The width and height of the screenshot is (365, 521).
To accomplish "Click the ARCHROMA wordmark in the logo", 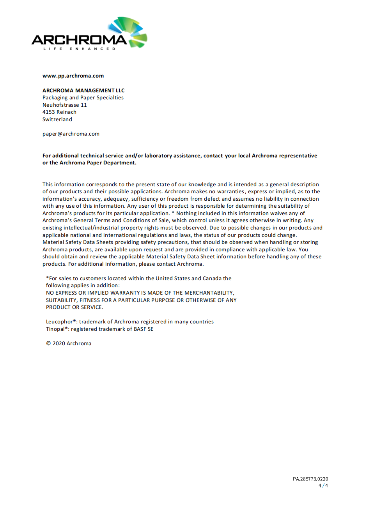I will [79, 40].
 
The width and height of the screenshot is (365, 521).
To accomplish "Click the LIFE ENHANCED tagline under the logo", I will [79, 49].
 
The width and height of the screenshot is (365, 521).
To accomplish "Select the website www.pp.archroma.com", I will [73, 76].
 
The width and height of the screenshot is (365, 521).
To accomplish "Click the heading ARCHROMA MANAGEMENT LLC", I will [83, 90].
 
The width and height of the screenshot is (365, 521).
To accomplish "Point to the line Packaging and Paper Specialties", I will [83, 98].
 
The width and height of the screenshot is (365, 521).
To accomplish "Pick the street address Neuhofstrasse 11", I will [64, 105].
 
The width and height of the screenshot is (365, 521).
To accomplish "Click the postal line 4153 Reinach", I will [59, 112].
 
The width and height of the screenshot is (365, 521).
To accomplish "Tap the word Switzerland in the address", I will [57, 120].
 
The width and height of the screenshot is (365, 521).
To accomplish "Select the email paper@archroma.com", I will [71, 134].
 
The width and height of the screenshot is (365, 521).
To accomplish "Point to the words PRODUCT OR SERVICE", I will [74, 307].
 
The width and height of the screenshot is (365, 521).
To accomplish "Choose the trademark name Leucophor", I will [59, 322].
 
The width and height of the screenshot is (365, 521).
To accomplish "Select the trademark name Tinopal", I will [55, 329].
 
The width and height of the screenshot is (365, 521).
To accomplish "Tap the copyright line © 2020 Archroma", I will [69, 344].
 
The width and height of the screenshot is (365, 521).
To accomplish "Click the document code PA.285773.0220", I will [310, 479].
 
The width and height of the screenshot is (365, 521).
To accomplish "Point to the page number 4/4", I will [323, 486].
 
